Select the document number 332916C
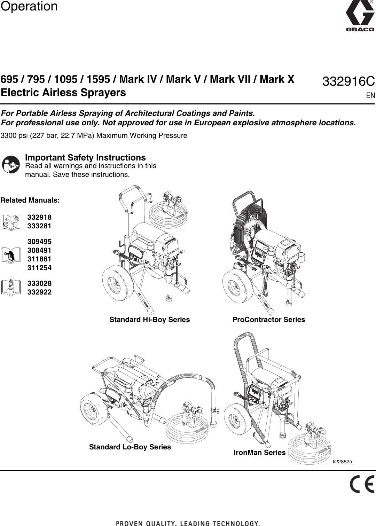[348, 82]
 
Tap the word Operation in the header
[29, 6]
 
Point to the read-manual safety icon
[11, 165]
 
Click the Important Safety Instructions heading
[85, 158]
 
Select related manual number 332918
[39, 217]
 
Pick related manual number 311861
[39, 259]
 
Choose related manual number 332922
[39, 292]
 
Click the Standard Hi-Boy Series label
[150, 320]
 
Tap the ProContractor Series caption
[268, 320]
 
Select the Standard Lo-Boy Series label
[130, 447]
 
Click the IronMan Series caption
[259, 453]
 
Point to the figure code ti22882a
[342, 462]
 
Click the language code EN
[370, 95]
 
